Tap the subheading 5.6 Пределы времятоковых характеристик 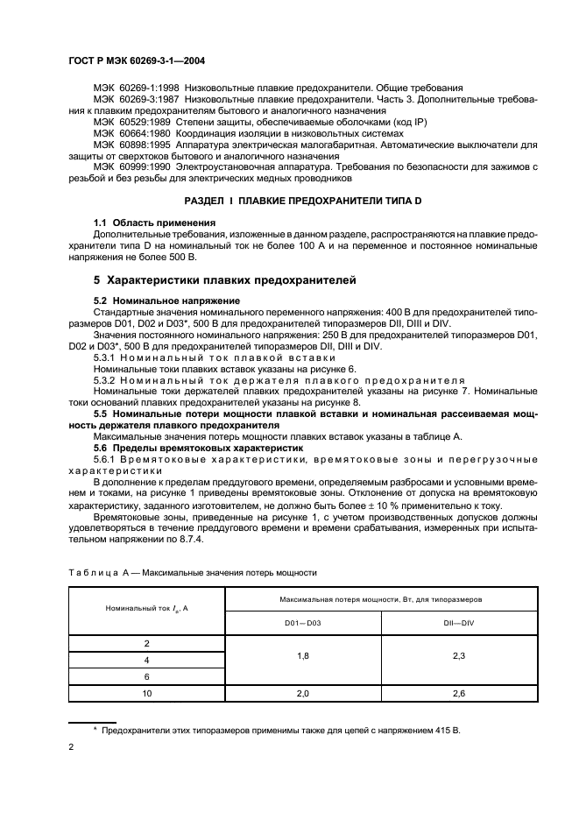tap(198, 447)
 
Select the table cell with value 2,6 tap(459, 693)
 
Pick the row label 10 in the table tap(146, 693)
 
